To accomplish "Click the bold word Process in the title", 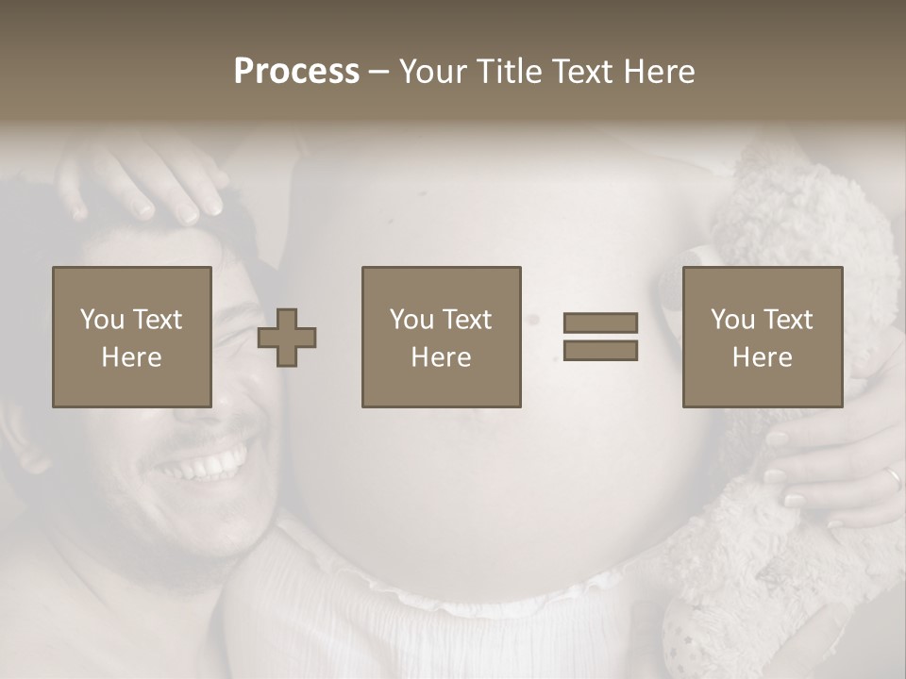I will pos(296,72).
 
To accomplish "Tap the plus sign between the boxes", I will pos(287,337).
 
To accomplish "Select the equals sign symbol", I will pos(600,337).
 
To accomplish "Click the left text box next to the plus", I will pos(132,337).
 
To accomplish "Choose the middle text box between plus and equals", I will pos(442,337).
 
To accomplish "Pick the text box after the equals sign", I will pos(763,337).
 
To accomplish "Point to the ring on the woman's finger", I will pos(893,478).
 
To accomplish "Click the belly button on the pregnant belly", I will pos(532,320).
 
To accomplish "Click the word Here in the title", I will pos(659,72).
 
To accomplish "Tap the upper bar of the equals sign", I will pos(600,323).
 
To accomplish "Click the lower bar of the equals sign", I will pos(600,351).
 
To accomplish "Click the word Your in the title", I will pos(430,72).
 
